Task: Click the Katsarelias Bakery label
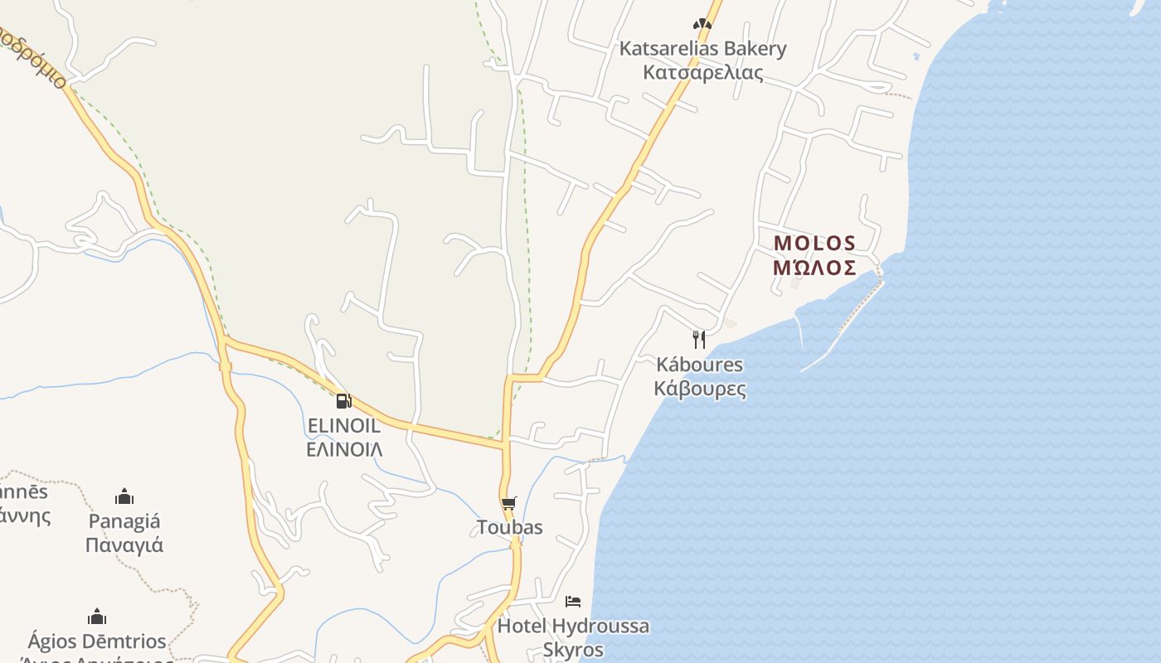pos(702,49)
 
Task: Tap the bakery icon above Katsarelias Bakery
pos(702,24)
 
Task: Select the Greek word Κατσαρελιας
pos(702,73)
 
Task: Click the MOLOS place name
pos(814,244)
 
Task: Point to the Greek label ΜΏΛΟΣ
pos(814,268)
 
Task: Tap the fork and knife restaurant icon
pos(699,339)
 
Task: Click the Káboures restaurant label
pos(699,365)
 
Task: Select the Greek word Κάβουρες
pos(699,389)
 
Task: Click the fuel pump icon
pos(343,401)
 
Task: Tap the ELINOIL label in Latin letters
pos(344,426)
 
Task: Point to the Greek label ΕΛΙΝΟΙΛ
pos(344,450)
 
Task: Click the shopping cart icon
pos(509,503)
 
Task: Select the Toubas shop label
pos(509,528)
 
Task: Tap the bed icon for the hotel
pos(573,601)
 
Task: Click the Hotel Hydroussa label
pos(573,626)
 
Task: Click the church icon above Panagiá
pos(124,496)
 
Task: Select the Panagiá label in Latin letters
pos(124,521)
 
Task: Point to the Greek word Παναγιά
pos(124,545)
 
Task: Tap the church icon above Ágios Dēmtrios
pos(97,617)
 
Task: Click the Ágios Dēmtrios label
pos(97,641)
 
